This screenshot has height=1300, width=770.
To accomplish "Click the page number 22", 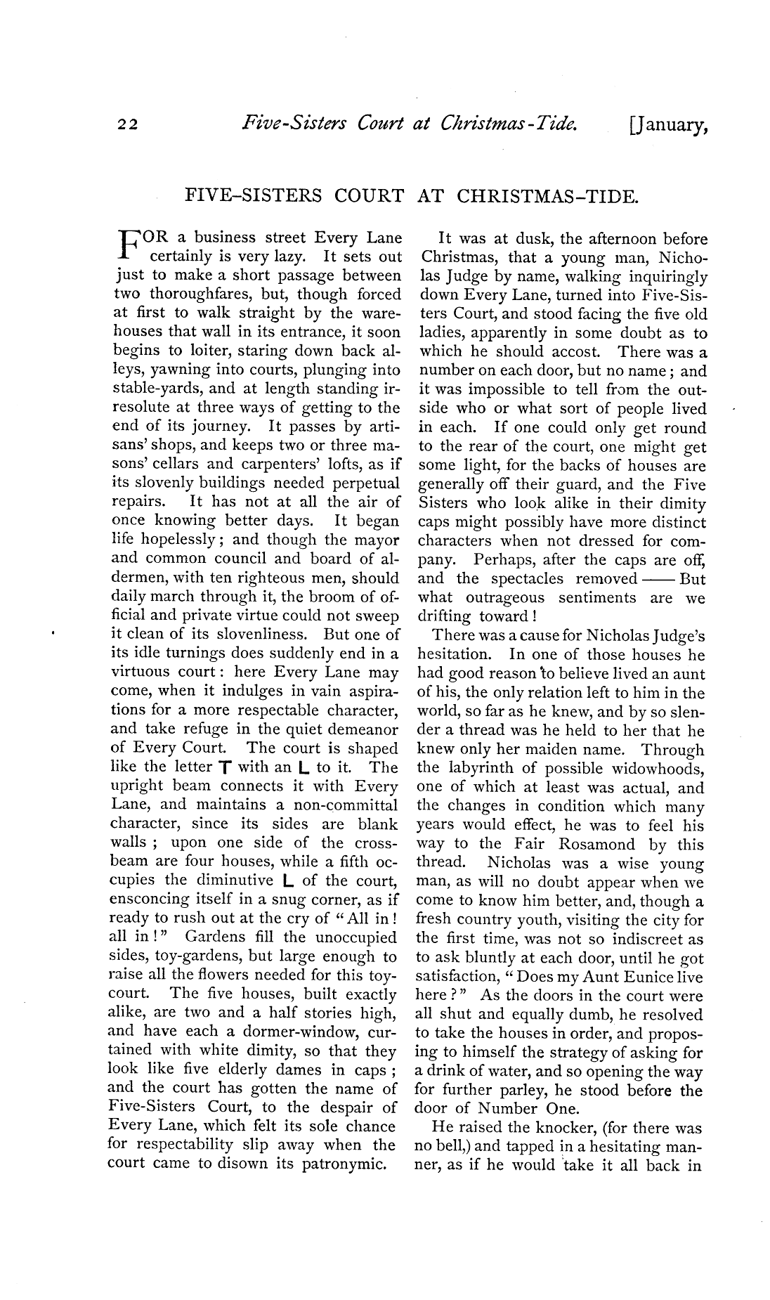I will [129, 125].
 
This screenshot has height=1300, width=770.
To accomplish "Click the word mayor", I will [376, 540].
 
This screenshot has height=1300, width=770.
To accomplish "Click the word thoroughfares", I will [218, 294].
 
